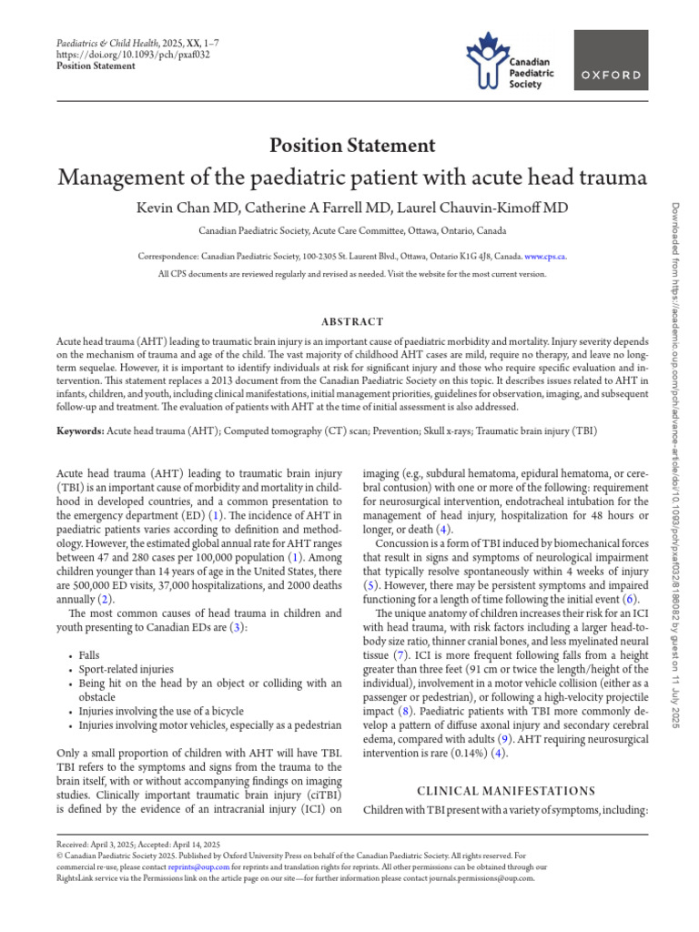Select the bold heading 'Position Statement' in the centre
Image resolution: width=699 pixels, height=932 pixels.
(351, 145)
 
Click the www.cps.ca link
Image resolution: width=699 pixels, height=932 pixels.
(545, 257)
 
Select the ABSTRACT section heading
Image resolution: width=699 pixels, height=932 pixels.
(351, 321)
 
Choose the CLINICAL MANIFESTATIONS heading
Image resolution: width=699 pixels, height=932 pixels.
(505, 791)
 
